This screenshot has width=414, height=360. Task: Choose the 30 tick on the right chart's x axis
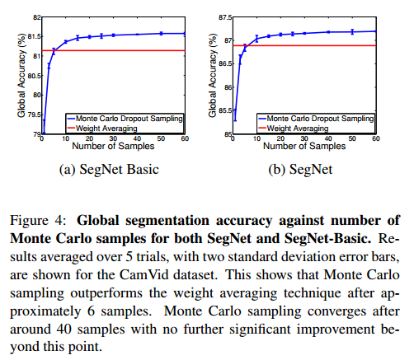(x=304, y=139)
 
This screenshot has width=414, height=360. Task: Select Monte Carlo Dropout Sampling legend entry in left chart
(x=130, y=118)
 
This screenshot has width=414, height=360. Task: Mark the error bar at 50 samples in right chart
(x=352, y=31)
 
